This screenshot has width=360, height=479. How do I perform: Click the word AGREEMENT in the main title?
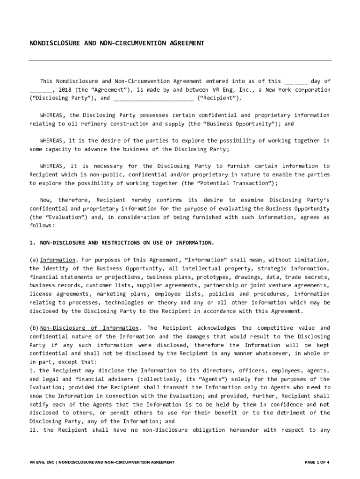183,44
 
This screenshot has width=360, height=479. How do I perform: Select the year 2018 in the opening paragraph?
66,90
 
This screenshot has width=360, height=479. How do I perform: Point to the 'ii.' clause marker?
34,430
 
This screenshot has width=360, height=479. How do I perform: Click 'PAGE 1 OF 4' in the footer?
317,462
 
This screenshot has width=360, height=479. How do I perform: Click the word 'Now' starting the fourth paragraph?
46,200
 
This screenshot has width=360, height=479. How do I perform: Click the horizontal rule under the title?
180,60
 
